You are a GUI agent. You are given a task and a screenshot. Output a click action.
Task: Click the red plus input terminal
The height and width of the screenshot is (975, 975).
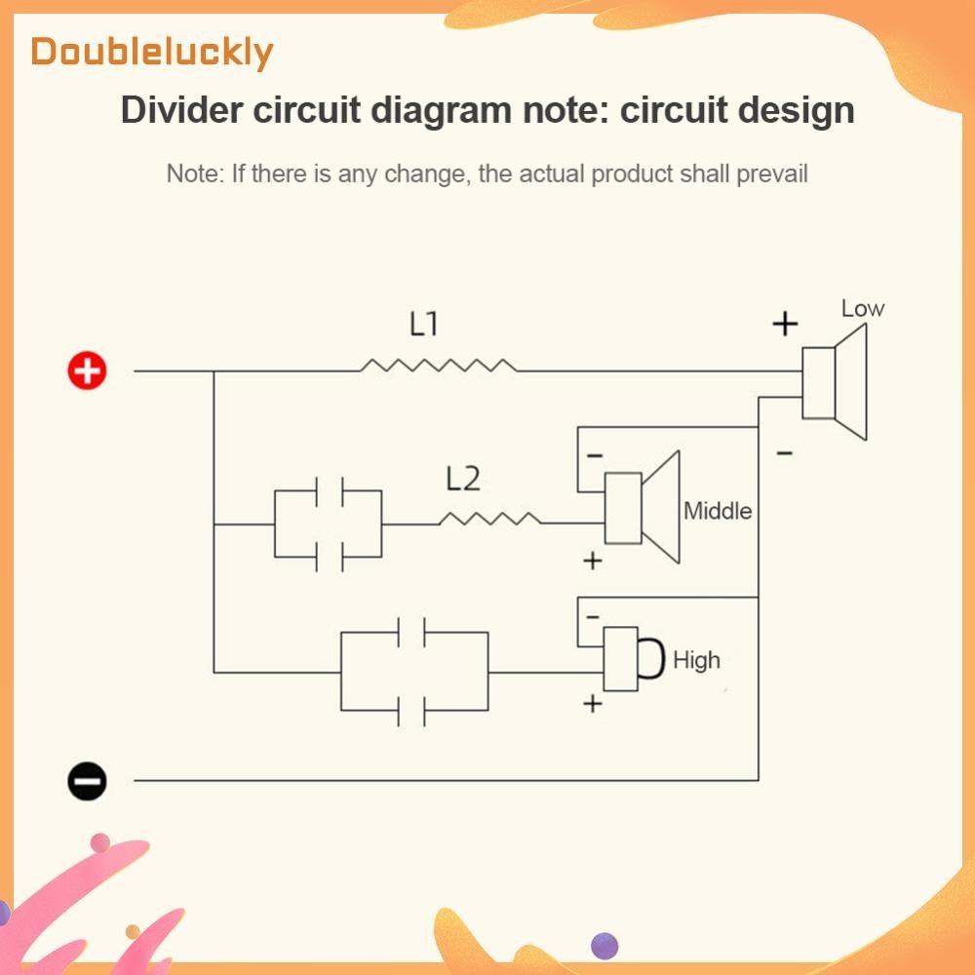[87, 370]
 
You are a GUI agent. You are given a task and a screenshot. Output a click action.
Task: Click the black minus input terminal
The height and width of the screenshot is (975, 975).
[87, 780]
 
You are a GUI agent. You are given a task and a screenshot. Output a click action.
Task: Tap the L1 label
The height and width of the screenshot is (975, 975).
[424, 324]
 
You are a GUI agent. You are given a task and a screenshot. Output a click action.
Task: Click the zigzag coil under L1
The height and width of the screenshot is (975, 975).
[439, 366]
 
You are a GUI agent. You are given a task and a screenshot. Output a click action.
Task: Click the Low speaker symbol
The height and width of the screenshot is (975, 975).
[834, 382]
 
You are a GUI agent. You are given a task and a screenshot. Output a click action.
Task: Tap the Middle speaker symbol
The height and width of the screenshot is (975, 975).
[641, 508]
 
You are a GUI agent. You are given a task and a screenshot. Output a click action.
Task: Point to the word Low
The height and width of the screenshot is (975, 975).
[863, 309]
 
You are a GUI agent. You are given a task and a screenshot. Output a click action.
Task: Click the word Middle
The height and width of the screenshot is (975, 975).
[718, 510]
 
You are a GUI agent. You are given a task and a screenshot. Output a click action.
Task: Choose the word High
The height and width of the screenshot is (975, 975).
[696, 660]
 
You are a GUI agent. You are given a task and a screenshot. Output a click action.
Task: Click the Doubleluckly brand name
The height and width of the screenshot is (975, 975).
[151, 52]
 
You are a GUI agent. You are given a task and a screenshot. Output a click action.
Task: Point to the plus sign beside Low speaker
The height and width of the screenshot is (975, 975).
[785, 325]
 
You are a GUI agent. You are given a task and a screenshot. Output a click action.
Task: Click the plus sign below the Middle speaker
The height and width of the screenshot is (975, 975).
[593, 561]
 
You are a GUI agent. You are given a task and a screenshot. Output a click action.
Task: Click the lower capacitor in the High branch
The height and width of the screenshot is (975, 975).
[412, 711]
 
